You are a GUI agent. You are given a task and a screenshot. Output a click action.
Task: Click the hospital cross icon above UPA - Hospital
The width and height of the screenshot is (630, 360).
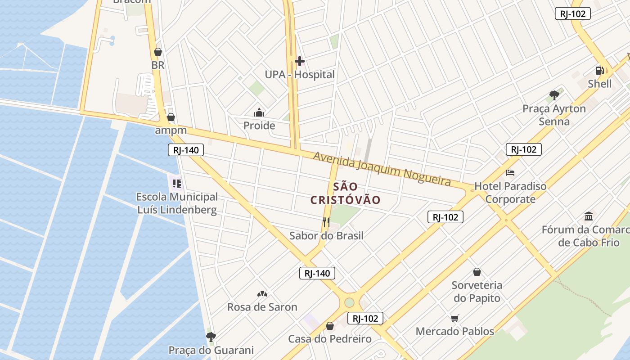pyautogui.click(x=300, y=61)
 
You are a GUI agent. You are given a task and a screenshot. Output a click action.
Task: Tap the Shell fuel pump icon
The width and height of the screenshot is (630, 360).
pyautogui.click(x=599, y=70)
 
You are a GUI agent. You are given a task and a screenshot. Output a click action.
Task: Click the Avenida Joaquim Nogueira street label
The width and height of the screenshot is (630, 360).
pyautogui.click(x=382, y=168)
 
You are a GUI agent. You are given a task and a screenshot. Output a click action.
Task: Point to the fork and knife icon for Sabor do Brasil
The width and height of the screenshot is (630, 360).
pyautogui.click(x=326, y=221)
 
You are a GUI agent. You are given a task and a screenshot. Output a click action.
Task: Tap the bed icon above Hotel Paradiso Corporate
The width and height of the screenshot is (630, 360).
pyautogui.click(x=510, y=172)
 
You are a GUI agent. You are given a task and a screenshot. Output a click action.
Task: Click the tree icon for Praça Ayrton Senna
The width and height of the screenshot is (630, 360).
pyautogui.click(x=554, y=95)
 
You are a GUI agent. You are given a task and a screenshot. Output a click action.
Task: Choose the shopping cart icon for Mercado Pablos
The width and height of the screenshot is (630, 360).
pyautogui.click(x=454, y=318)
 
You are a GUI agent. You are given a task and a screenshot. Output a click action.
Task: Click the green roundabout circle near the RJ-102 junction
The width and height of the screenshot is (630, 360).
pyautogui.click(x=349, y=302)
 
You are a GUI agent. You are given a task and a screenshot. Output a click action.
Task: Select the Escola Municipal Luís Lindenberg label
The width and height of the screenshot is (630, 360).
pyautogui.click(x=177, y=203)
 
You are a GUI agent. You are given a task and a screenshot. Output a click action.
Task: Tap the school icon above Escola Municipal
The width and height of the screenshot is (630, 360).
pyautogui.click(x=177, y=183)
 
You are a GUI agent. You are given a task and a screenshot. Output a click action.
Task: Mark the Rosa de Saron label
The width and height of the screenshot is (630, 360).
pyautogui.click(x=262, y=307)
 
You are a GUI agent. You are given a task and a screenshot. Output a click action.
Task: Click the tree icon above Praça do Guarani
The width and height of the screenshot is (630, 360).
pyautogui.click(x=211, y=337)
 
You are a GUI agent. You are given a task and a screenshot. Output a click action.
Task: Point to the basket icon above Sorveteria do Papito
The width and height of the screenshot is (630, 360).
pyautogui.click(x=477, y=272)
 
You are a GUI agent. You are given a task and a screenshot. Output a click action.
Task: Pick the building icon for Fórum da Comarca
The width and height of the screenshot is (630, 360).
pyautogui.click(x=589, y=216)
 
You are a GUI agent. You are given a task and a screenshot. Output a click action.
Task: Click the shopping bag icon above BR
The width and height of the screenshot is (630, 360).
pyautogui.click(x=157, y=52)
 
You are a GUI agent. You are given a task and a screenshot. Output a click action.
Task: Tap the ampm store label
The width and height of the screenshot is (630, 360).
pyautogui.click(x=171, y=130)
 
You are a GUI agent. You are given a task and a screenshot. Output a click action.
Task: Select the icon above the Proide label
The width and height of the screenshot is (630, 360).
pyautogui.click(x=259, y=112)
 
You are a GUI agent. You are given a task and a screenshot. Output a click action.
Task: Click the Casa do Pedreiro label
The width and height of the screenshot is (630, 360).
pyautogui.click(x=330, y=339)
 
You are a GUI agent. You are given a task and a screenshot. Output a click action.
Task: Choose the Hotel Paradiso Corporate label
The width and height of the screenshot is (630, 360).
pyautogui.click(x=510, y=193)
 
